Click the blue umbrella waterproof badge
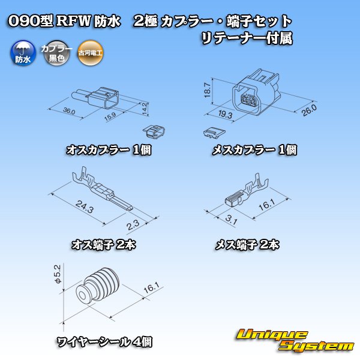(23, 53)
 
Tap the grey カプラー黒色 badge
(57, 53)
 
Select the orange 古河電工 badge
(90, 53)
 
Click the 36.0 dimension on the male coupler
(69, 112)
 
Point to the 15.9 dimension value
(110, 116)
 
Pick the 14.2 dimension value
(144, 109)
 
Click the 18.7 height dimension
(208, 90)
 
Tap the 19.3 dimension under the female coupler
(225, 114)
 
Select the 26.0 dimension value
(309, 110)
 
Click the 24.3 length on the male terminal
(85, 206)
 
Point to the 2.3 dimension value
(133, 225)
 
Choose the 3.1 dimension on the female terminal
(231, 220)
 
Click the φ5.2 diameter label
(58, 274)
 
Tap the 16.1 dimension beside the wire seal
(152, 288)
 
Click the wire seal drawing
(98, 285)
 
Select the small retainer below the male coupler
(154, 132)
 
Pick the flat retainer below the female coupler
(214, 133)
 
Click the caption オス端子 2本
(104, 245)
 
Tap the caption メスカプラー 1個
(254, 150)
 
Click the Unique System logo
(295, 340)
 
